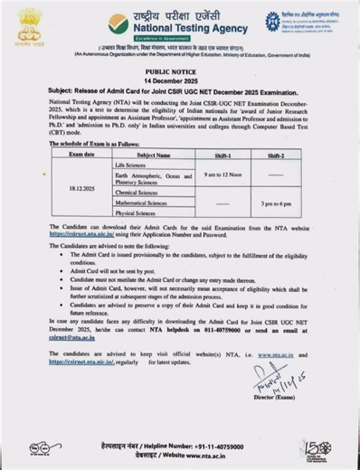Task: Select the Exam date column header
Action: [81, 155]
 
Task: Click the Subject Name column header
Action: [152, 155]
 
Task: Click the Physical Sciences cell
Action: [137, 215]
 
